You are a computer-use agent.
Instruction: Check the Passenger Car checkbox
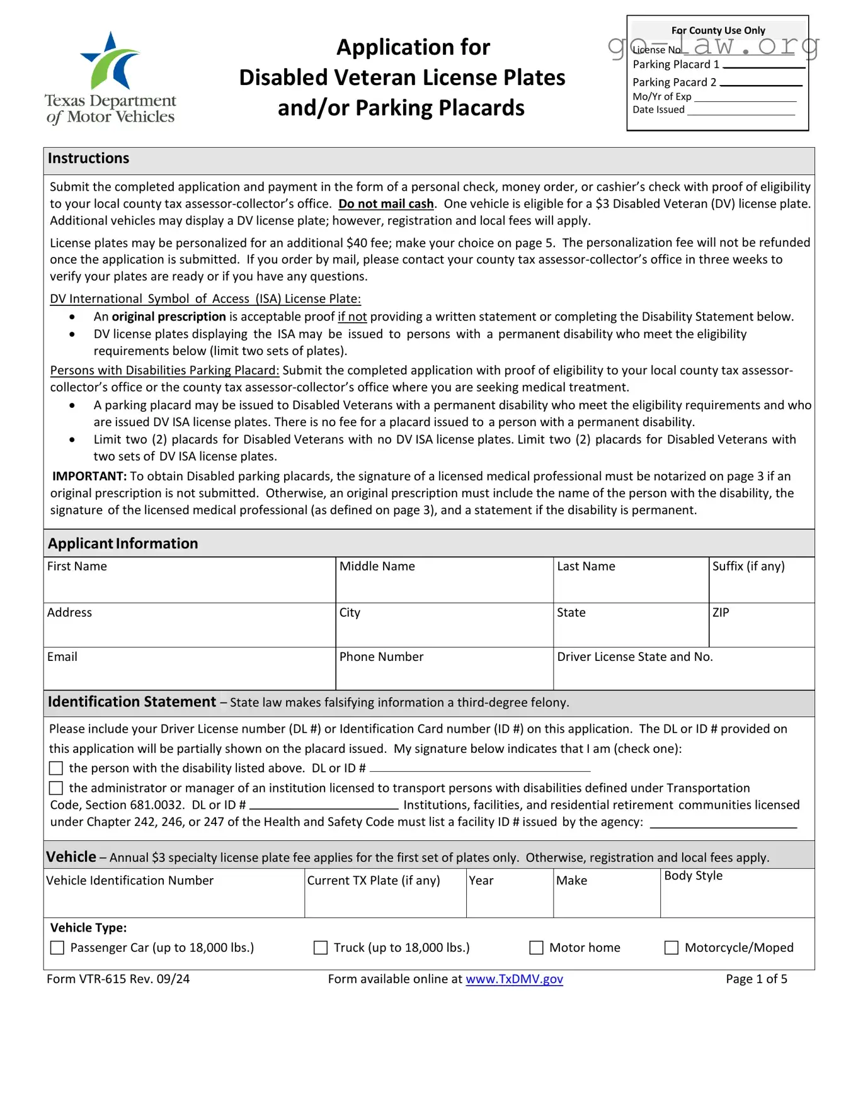pyautogui.click(x=57, y=948)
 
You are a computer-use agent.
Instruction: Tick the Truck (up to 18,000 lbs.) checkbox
pyautogui.click(x=321, y=948)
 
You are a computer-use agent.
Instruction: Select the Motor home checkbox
pyautogui.click(x=536, y=948)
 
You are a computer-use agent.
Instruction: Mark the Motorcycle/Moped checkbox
pyautogui.click(x=672, y=948)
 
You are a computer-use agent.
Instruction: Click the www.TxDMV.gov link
pyautogui.click(x=514, y=979)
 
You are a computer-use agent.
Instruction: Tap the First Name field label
pyautogui.click(x=77, y=567)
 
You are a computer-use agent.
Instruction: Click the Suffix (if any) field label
pyautogui.click(x=748, y=567)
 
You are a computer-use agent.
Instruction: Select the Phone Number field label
pyautogui.click(x=381, y=657)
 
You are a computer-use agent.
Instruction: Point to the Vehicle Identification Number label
pyautogui.click(x=130, y=881)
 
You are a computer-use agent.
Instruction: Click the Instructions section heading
pyautogui.click(x=89, y=159)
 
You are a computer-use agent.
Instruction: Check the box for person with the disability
pyautogui.click(x=56, y=769)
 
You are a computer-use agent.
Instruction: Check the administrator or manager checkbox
pyautogui.click(x=56, y=788)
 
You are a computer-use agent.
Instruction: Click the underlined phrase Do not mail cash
pyautogui.click(x=386, y=204)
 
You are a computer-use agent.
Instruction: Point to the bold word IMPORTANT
pyautogui.click(x=89, y=477)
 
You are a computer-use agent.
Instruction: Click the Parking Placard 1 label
pyautogui.click(x=675, y=65)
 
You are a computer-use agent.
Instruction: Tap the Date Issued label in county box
pyautogui.click(x=658, y=110)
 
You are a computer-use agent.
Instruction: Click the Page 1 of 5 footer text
pyautogui.click(x=756, y=979)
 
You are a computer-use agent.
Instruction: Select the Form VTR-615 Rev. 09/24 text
pyautogui.click(x=118, y=979)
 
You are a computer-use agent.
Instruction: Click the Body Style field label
pyautogui.click(x=693, y=876)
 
